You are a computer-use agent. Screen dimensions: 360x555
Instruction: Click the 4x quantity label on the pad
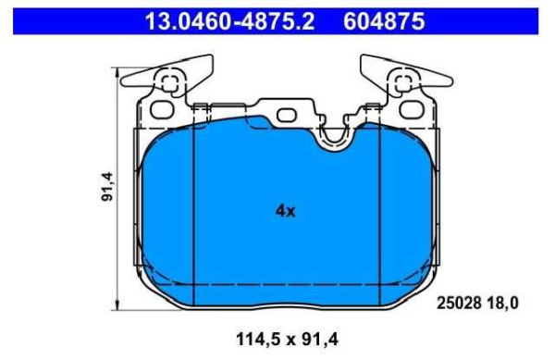coord(285,211)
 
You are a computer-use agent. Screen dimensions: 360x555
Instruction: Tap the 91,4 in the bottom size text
coord(318,340)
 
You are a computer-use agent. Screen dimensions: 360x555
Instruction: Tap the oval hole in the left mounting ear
coord(161,108)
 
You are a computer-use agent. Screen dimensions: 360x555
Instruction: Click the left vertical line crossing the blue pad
coord(191,213)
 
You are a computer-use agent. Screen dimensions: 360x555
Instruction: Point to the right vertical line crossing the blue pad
coord(378,213)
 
